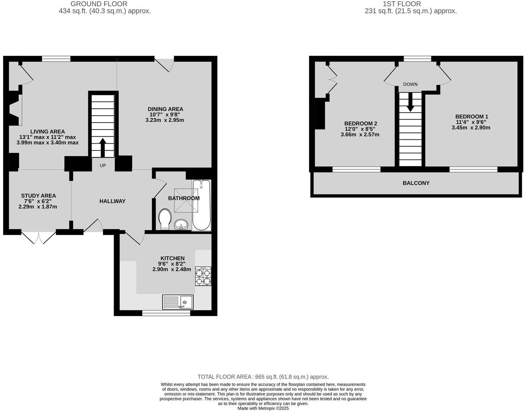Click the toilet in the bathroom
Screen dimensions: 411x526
point(165,219)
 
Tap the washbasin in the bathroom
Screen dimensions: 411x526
point(181,224)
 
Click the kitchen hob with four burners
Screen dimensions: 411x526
point(203,276)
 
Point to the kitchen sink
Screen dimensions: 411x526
point(178,302)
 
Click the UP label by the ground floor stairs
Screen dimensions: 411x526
point(103,165)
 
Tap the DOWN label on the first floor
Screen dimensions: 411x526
point(410,84)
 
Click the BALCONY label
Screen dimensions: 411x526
point(416,183)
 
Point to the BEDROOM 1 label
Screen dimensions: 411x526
point(471,116)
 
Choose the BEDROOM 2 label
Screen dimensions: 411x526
point(360,123)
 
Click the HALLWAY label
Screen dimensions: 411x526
point(112,201)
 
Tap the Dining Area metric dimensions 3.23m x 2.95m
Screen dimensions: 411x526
point(165,120)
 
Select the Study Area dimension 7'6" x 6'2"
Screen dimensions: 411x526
point(38,201)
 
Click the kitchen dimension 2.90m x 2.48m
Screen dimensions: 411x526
point(172,269)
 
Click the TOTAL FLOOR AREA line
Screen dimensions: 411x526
point(263,377)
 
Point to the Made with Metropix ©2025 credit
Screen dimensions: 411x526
point(263,408)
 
